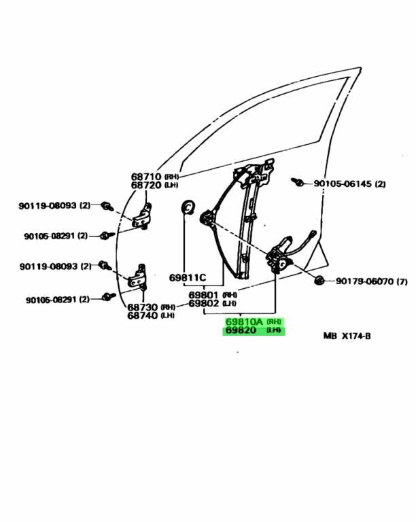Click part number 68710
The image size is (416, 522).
pos(145,177)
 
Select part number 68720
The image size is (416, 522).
pos(145,186)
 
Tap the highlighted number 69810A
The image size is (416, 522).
pos(244,322)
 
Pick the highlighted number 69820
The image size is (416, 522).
pos(241,330)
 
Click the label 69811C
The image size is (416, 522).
pos(188,277)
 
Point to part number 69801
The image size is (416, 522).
pos(203,295)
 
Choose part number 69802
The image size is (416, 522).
pos(203,303)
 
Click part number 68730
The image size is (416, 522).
pos(143,307)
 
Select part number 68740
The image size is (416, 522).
pos(143,315)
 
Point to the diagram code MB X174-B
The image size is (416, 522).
pos(347,336)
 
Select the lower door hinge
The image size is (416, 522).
pos(137,277)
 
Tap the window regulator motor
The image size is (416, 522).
pos(281,256)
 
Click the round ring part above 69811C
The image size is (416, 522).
pos(188,207)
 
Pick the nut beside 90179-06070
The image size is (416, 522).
pos(319,280)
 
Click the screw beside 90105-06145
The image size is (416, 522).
pos(297,181)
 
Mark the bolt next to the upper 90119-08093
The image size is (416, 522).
pos(107,207)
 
